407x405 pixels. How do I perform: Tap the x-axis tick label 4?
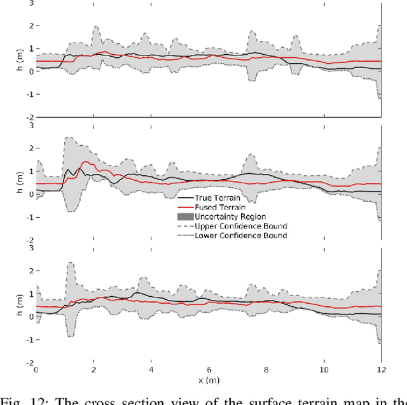point(151,370)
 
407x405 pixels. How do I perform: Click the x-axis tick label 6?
point(209,370)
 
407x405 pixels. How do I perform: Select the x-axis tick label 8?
point(266,370)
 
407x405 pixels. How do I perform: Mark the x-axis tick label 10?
point(324,370)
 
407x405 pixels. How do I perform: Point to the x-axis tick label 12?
point(381,370)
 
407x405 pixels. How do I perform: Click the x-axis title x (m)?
point(209,380)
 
